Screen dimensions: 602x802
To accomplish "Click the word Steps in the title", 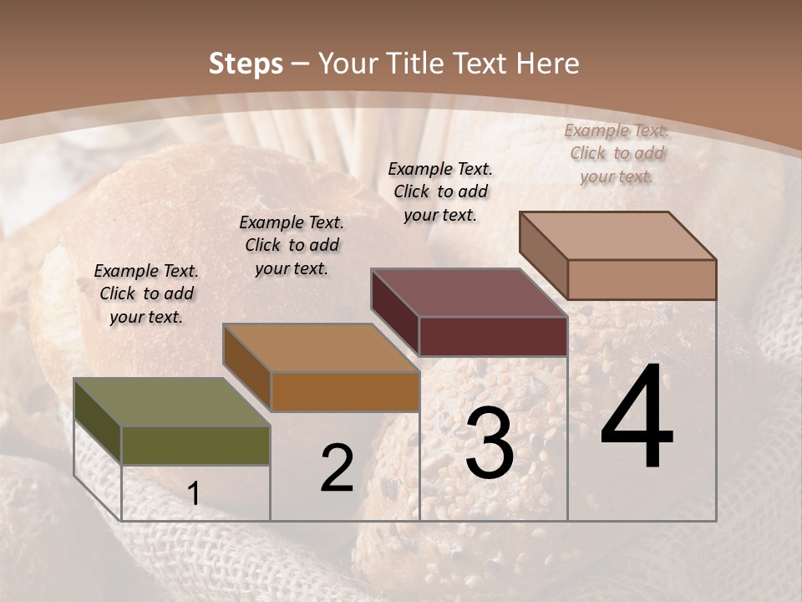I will coord(246,64).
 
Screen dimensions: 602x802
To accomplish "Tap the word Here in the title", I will coord(547,64).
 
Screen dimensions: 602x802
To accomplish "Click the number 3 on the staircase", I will coord(489,443).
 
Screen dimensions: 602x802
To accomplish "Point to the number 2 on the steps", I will coord(337,468).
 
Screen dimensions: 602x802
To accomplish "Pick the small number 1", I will coord(194,494).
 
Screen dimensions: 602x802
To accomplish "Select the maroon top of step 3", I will coord(468,293).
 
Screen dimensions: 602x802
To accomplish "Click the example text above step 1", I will coord(146,293).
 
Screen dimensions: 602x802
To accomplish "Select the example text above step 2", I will coord(292,245).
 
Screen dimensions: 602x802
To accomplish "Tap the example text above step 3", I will coord(440,191).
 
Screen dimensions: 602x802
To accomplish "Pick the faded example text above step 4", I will coord(617,153).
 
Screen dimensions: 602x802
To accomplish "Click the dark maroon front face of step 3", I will coord(493,336).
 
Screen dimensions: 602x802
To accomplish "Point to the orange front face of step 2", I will coord(345,391).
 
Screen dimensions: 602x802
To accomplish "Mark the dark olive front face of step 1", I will coord(195,445).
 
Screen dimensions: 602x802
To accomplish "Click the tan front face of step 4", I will coord(642,279).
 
